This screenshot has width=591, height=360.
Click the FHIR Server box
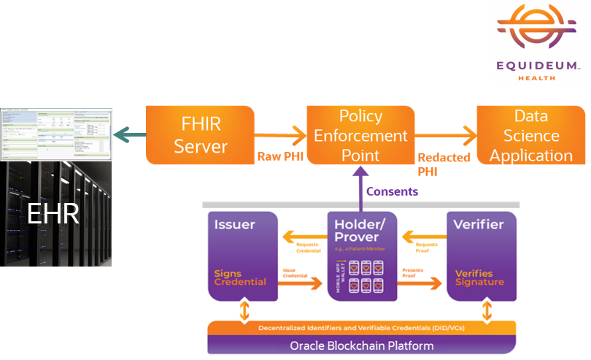click(200, 135)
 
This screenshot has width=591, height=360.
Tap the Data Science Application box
click(530, 135)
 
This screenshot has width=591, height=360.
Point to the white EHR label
click(53, 214)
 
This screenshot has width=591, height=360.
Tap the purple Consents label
click(392, 191)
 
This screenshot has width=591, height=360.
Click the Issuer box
click(242, 256)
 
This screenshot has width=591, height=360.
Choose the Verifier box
click(479, 256)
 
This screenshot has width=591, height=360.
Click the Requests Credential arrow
click(301, 237)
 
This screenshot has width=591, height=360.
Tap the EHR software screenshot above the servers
click(57, 135)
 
